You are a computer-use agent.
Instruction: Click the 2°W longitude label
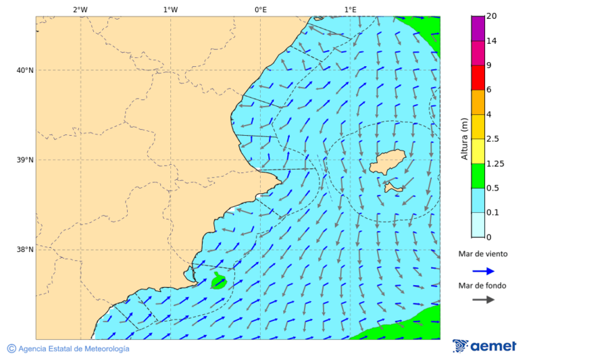(x=80, y=9)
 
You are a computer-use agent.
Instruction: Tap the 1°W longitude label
(x=170, y=9)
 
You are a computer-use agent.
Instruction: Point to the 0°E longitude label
(x=260, y=9)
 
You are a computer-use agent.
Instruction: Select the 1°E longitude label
(x=350, y=9)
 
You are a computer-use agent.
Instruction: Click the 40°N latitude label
(x=25, y=70)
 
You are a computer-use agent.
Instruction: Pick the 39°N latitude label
(x=25, y=160)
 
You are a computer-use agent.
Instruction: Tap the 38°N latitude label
(x=25, y=249)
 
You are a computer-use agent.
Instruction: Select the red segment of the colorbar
(x=478, y=78)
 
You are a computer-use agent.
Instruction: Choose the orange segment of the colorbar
(x=478, y=102)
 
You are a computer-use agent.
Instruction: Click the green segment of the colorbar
(x=478, y=176)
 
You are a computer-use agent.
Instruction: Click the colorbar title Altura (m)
(x=464, y=139)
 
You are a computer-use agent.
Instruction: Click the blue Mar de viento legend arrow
(x=483, y=271)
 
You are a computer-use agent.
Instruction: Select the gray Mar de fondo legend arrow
(x=483, y=300)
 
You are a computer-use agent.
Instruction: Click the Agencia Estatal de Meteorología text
(x=73, y=349)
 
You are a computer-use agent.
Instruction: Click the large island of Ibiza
(x=387, y=162)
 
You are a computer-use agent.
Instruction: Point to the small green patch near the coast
(x=218, y=282)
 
